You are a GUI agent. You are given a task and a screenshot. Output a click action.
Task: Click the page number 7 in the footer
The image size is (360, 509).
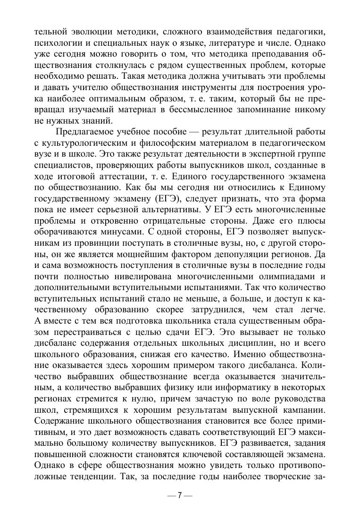click(x=179, y=496)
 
